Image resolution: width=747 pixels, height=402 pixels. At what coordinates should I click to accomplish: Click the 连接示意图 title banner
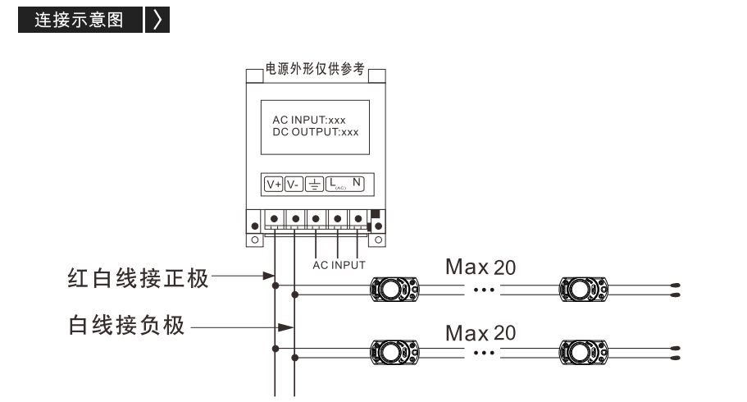tap(80, 20)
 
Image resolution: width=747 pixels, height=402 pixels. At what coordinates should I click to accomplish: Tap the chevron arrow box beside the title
tap(157, 20)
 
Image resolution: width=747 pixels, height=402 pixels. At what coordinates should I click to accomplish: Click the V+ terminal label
tap(274, 184)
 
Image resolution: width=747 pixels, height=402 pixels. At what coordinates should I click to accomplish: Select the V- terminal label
tap(294, 184)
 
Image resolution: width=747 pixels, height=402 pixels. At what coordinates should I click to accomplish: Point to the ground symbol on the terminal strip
tap(314, 184)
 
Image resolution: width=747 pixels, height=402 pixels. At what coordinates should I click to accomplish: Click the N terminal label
tap(357, 182)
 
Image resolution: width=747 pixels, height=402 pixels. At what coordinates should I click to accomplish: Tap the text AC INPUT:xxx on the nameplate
tap(308, 120)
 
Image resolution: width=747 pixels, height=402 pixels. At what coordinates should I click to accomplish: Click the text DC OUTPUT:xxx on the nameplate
tap(316, 132)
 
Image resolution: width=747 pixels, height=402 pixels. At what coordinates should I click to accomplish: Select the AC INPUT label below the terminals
tap(339, 265)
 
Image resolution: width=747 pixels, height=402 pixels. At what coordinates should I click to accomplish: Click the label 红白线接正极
tap(138, 278)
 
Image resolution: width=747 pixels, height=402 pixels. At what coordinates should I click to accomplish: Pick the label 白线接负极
tap(126, 325)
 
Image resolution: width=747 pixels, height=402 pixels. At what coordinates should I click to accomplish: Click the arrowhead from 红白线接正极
tap(269, 276)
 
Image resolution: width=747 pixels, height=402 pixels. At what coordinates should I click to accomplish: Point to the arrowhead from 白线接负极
tap(286, 327)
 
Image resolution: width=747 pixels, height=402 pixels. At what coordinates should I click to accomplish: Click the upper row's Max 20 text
tap(481, 267)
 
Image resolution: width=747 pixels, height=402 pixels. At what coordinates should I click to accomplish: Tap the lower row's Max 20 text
tap(481, 333)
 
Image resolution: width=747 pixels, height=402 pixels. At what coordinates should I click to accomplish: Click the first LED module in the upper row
tap(395, 290)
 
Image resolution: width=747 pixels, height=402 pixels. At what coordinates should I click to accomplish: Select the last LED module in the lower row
tap(584, 353)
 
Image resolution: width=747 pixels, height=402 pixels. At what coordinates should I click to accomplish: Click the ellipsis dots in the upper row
tap(484, 290)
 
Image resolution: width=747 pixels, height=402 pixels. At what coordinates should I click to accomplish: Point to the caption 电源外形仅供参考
tap(315, 69)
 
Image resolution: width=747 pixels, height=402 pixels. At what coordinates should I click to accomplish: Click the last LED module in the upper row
tap(584, 290)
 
